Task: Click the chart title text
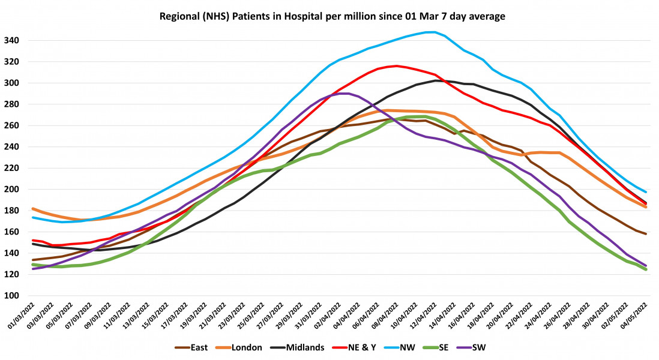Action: (332, 16)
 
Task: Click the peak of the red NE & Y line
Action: (396, 66)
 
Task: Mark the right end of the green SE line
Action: (646, 269)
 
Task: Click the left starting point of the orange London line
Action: (32, 209)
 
